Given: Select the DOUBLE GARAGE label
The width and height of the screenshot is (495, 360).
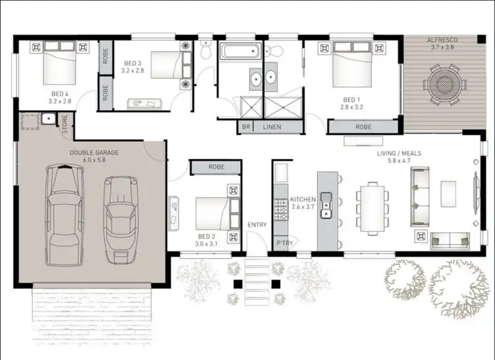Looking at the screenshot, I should pos(94,152).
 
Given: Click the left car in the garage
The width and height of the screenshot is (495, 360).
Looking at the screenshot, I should pos(65,208).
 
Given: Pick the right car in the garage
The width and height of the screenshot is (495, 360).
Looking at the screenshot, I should pos(121,214).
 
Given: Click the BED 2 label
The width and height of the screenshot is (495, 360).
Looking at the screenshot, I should pos(206,236).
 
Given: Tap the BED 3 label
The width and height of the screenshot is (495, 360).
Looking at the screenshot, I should pos(134,64).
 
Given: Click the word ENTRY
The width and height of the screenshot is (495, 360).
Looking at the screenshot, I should pos(257,225).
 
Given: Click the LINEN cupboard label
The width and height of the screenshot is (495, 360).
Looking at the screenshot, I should pos(273,127).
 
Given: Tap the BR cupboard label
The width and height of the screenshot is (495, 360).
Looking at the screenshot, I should pos(246,127).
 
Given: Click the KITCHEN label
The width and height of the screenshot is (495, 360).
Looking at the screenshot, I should pos(303,199).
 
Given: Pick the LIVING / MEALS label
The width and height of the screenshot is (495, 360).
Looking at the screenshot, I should pos(399,154).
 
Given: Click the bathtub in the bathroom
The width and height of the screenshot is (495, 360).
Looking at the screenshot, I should pos(240,51).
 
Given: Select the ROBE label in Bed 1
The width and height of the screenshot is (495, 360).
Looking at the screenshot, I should pos(363,127).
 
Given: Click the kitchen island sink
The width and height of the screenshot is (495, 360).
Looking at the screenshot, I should pos(325,210).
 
